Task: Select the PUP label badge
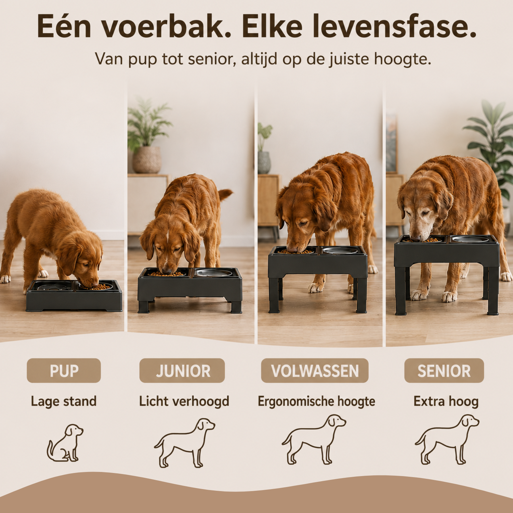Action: (64, 371)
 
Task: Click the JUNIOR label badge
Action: (182, 371)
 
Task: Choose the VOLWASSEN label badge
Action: (315, 371)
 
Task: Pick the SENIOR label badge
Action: (444, 371)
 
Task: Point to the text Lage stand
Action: (64, 402)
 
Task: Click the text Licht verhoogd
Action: (184, 402)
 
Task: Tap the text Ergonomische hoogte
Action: (316, 402)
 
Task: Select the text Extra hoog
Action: (446, 402)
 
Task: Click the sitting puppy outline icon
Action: (65, 443)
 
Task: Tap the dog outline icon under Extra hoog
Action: (447, 439)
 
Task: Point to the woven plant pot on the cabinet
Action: (147, 160)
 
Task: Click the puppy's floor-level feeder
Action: (74, 295)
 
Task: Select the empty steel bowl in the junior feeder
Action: (214, 273)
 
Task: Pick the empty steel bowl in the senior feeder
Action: (470, 239)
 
